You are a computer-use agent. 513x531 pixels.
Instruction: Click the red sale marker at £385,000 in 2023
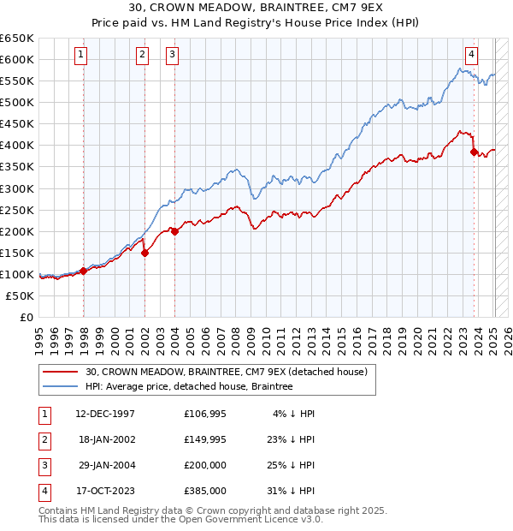(474, 152)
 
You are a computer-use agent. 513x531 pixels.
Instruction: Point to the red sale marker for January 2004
(174, 231)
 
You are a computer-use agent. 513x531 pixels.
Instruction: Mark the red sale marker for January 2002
(144, 253)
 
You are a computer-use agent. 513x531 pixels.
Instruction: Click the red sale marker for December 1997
(84, 271)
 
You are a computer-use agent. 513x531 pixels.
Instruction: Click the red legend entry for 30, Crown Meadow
(226, 372)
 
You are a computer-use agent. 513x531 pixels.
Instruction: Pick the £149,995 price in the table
(205, 439)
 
